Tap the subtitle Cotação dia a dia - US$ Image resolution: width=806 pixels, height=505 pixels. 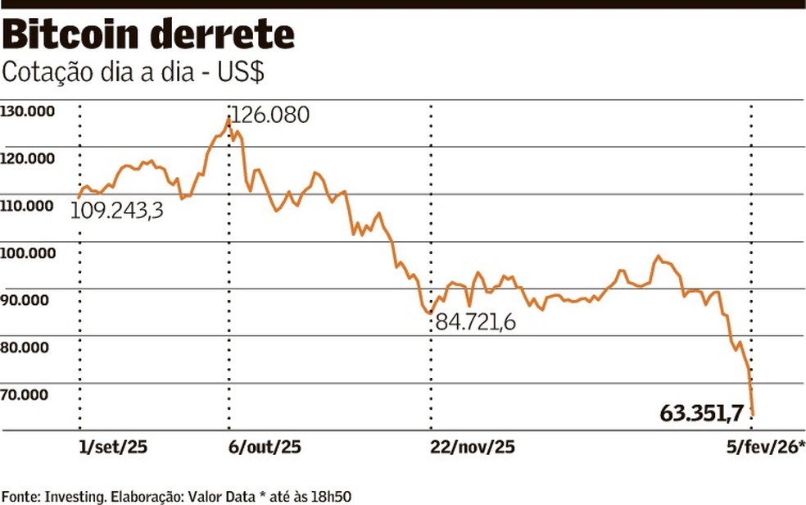coord(133,72)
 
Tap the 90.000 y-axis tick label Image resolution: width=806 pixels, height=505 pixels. coord(28,300)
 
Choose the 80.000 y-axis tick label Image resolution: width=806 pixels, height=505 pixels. coord(28,347)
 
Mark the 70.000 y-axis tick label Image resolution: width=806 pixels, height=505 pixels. coord(28,394)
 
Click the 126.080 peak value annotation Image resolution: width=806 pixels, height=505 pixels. coord(271,115)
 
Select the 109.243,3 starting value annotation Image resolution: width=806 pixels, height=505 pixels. coord(116,211)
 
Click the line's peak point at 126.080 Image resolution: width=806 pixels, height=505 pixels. coord(229,119)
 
